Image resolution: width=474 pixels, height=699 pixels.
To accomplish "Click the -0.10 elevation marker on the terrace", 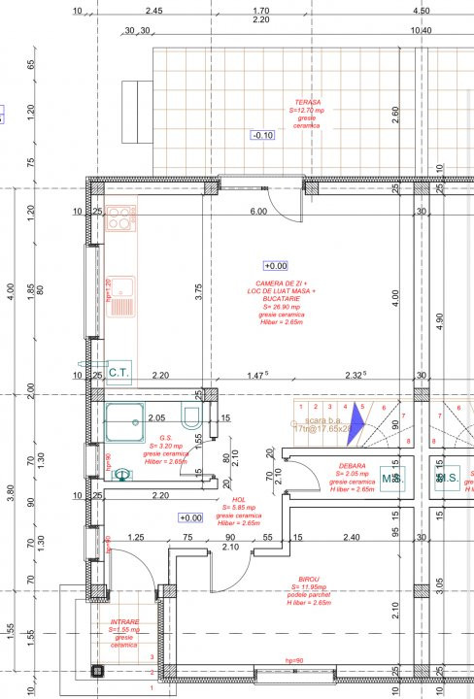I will click(262, 135).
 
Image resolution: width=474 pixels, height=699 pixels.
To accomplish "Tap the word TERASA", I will click(310, 102).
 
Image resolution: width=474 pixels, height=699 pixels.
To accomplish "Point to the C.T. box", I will click(118, 371).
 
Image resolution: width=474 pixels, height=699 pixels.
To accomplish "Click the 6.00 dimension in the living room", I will click(257, 212).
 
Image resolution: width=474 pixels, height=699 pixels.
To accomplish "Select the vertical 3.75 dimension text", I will click(198, 293).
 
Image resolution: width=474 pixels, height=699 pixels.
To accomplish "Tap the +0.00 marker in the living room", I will click(276, 265).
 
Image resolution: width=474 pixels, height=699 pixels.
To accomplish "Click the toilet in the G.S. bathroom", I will click(193, 418).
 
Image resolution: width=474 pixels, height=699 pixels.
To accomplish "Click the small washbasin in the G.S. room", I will click(121, 475).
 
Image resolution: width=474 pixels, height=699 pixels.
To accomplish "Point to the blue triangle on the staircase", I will click(356, 419).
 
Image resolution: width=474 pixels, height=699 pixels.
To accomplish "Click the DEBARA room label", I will click(353, 466).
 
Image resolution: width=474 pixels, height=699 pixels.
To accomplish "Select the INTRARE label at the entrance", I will click(123, 622).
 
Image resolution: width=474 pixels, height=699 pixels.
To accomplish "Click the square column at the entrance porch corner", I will click(96, 670).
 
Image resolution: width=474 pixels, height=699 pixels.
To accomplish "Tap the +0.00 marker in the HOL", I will click(189, 518).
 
